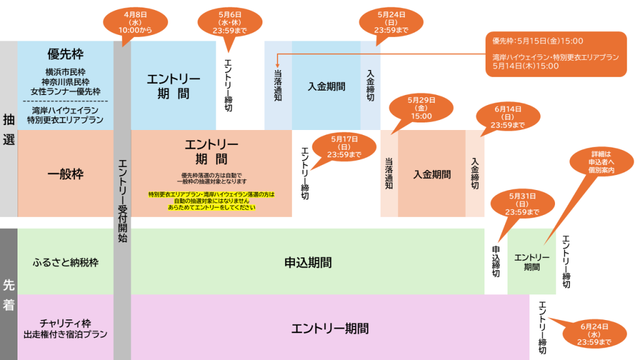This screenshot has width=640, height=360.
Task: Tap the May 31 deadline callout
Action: (x=524, y=204)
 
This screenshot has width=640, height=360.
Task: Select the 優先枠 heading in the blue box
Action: (x=65, y=54)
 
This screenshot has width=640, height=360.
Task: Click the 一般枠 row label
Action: (x=65, y=174)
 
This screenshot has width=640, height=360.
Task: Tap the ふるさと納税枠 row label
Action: (x=65, y=262)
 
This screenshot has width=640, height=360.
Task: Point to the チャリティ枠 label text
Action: (x=65, y=323)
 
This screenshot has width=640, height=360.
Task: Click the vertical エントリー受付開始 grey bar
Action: (x=122, y=200)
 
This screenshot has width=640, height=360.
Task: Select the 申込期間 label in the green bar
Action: (x=307, y=262)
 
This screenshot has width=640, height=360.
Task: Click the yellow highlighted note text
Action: (x=212, y=201)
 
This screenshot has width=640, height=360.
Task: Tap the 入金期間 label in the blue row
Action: (x=326, y=87)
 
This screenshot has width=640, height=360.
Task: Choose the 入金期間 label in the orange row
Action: (x=432, y=174)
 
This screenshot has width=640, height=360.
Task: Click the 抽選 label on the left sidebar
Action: (x=9, y=129)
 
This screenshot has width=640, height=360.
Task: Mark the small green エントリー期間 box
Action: (x=531, y=262)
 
